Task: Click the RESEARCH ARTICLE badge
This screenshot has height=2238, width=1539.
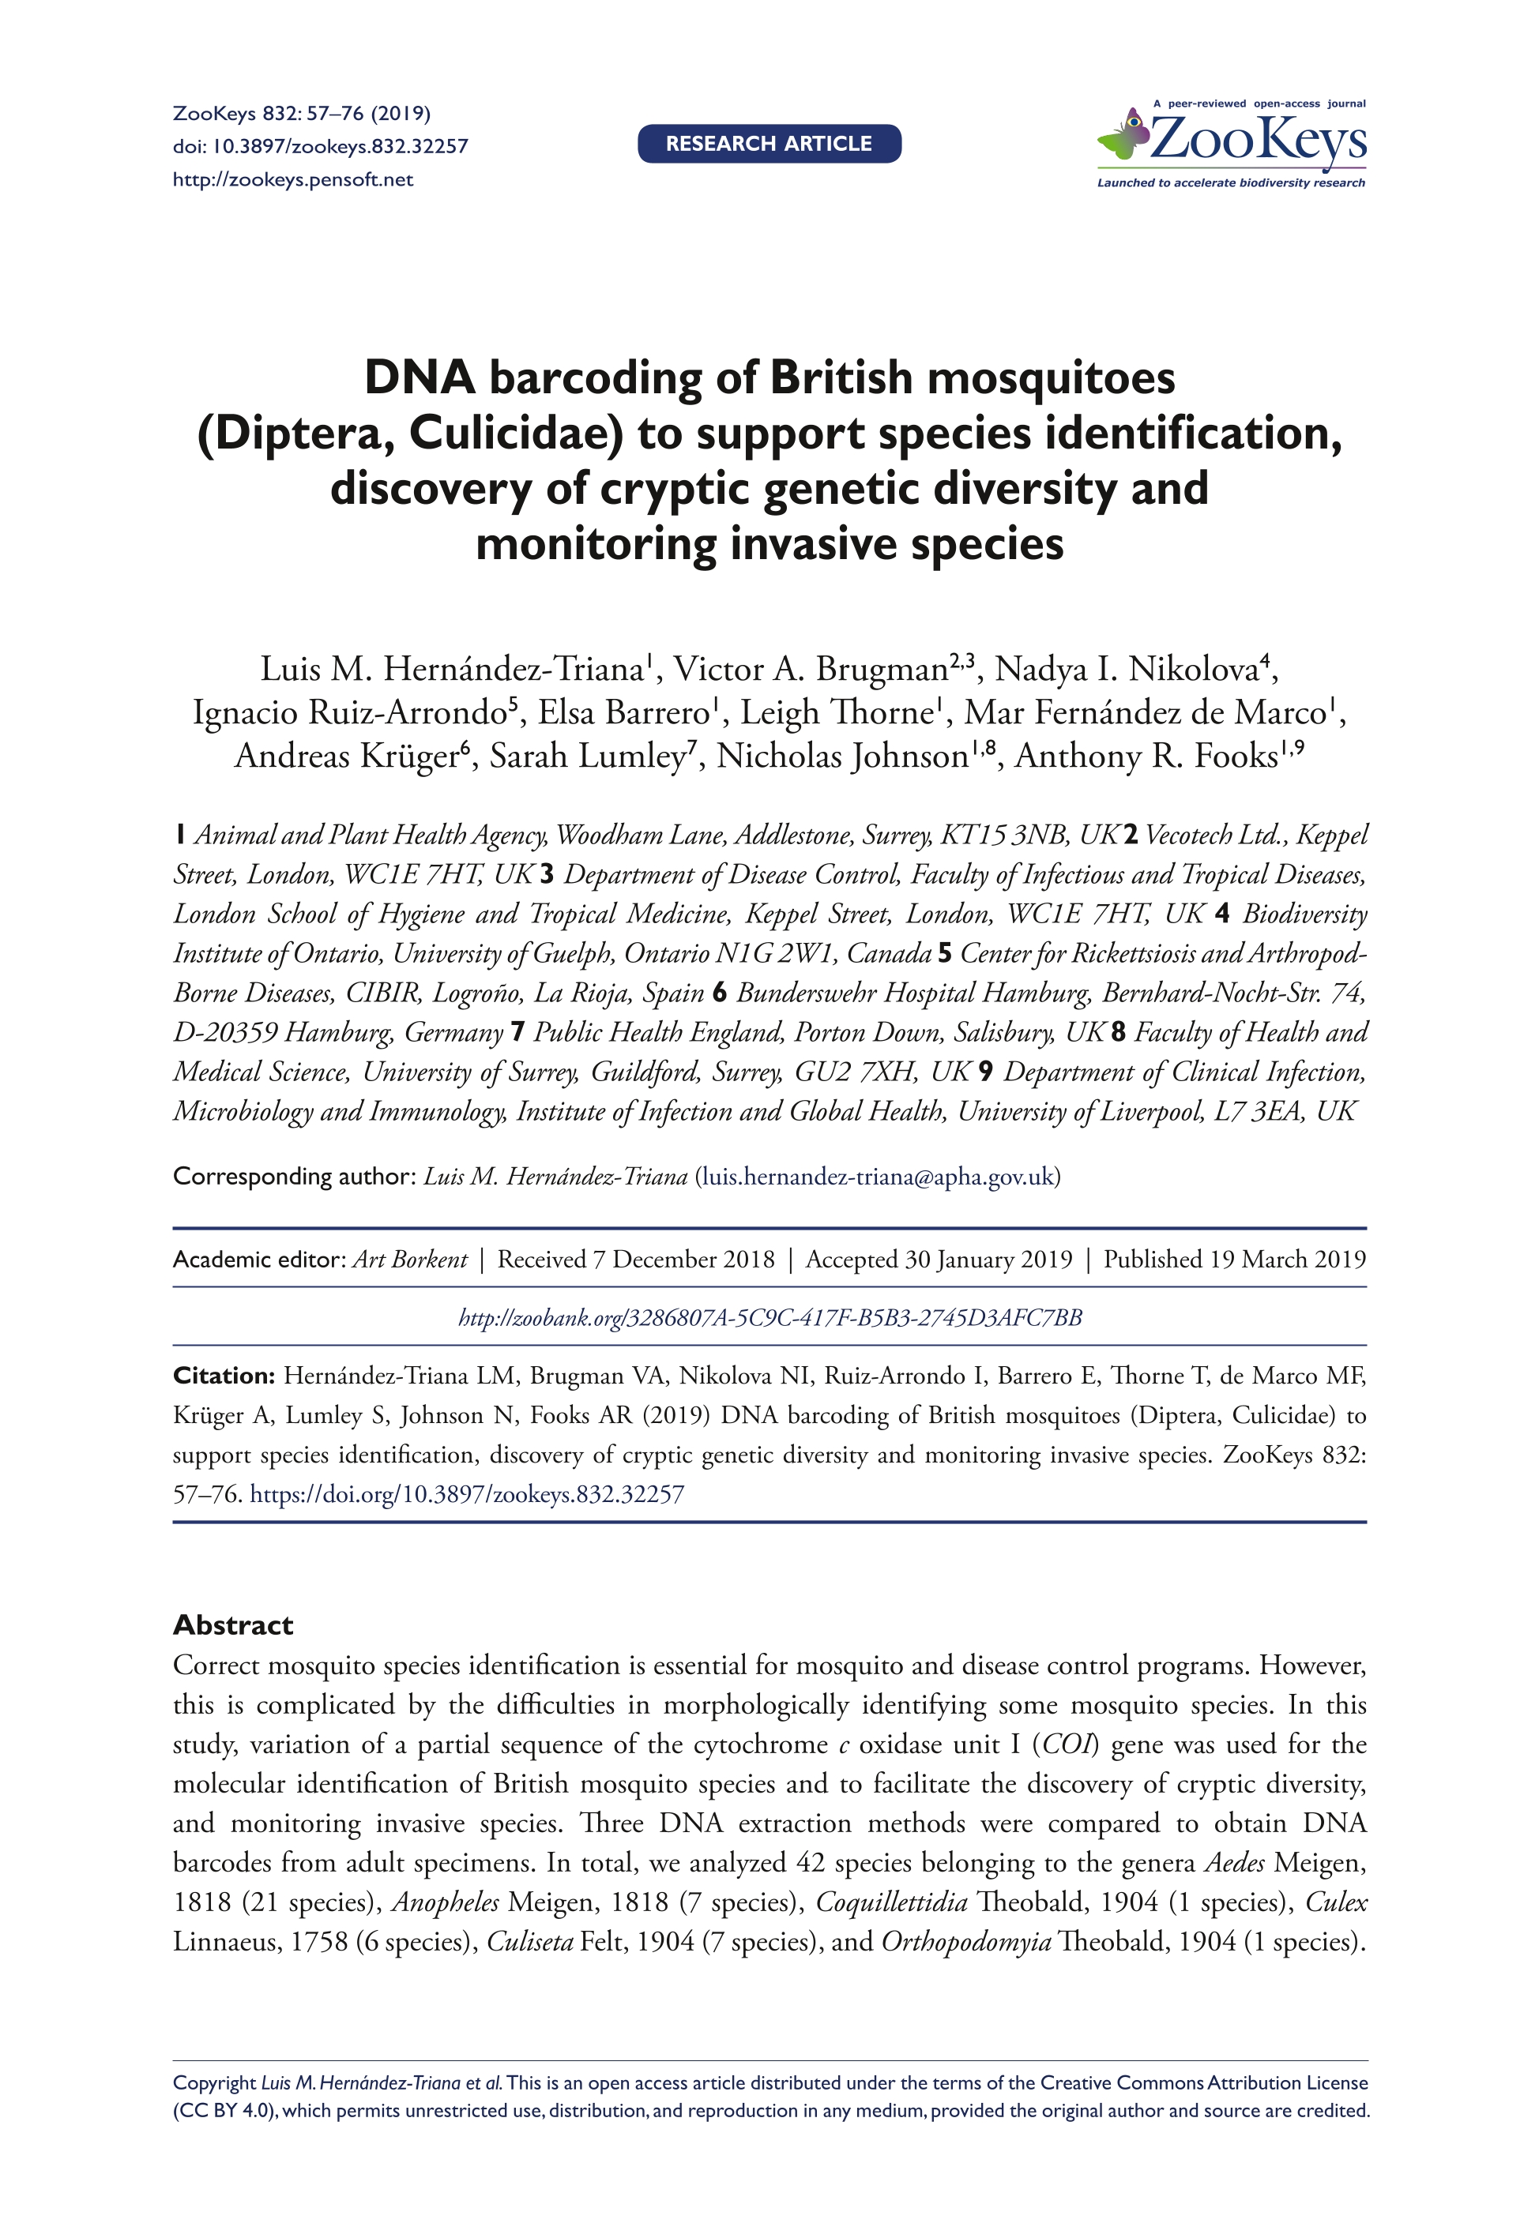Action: pos(769,144)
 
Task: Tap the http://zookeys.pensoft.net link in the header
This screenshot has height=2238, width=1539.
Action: pos(292,180)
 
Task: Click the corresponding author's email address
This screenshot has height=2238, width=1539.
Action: pos(878,1177)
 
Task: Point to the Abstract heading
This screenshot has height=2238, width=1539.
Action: pos(232,1625)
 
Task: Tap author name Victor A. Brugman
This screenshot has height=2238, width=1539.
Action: pos(810,669)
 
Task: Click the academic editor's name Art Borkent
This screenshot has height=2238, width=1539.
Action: pos(409,1260)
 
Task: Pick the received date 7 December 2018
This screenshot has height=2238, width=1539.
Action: pos(683,1260)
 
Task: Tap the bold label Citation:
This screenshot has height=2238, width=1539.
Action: pos(224,1376)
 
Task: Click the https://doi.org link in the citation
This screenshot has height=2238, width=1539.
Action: pos(467,1495)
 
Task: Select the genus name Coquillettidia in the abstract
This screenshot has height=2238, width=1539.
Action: pos(891,1902)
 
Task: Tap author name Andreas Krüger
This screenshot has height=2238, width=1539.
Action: pos(347,756)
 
